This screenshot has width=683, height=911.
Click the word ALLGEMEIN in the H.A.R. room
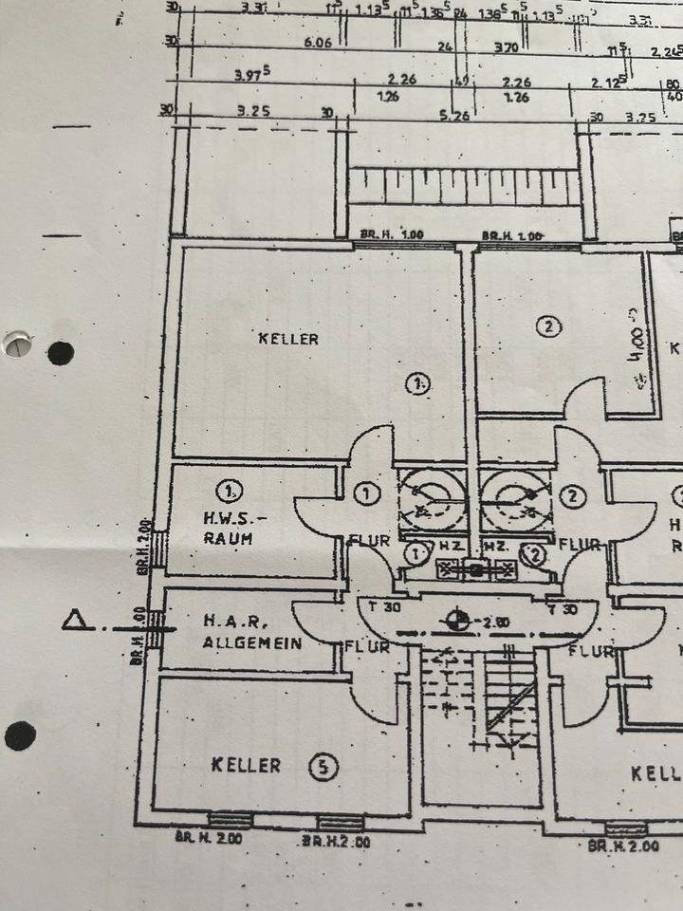click(x=252, y=642)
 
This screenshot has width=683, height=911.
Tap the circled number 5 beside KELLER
click(x=324, y=767)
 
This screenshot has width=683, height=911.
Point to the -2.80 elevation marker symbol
click(x=458, y=621)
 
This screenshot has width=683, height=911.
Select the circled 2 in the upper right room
click(x=547, y=327)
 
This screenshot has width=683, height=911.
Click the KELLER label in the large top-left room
click(x=288, y=339)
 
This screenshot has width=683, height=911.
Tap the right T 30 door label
click(x=566, y=607)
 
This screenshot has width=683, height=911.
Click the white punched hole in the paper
click(x=16, y=344)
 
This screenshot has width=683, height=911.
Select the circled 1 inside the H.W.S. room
click(x=229, y=491)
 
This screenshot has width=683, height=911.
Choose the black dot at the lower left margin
click(x=20, y=734)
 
